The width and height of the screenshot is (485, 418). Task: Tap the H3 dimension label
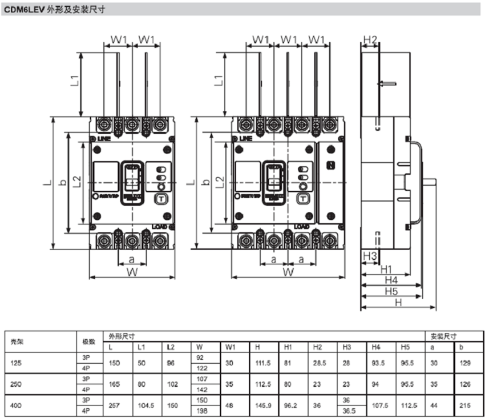tap(370, 256)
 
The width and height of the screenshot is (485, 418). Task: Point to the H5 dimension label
tap(391, 291)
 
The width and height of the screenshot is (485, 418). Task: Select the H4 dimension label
tap(391, 280)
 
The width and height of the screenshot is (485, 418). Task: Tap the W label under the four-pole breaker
tap(289, 272)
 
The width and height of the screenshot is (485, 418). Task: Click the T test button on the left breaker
tap(161, 199)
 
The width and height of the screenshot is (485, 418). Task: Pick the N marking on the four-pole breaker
tap(330, 166)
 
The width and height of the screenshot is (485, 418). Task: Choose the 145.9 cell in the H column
tap(263, 405)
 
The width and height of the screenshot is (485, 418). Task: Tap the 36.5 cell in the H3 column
tap(350, 411)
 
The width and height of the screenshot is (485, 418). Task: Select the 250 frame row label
tap(17, 384)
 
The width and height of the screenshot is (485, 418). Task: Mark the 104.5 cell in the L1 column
tap(145, 405)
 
